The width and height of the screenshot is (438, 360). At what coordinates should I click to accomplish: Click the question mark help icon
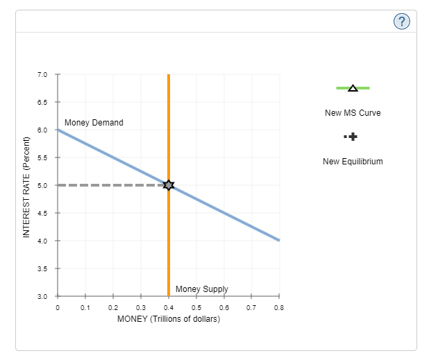(401, 22)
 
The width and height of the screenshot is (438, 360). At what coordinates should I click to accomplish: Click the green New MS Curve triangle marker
(353, 88)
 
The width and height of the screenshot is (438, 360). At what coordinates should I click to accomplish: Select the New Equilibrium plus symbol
(353, 137)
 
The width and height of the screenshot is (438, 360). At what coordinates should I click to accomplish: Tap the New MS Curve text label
(353, 112)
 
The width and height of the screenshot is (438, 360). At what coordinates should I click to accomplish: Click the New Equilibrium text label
(353, 162)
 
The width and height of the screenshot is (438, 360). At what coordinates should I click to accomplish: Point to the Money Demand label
(94, 123)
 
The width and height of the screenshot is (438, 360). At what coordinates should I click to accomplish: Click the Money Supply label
(201, 289)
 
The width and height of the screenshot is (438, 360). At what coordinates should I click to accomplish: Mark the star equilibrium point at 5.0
(168, 185)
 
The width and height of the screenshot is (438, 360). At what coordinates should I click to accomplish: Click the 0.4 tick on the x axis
(168, 307)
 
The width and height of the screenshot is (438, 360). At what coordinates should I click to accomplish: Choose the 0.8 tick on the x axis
(279, 307)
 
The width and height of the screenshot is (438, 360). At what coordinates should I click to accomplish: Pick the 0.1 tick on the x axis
(85, 307)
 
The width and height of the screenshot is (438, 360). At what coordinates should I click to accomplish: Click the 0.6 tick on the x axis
(224, 307)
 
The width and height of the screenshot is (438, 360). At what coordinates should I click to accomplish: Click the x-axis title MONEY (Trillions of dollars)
(169, 319)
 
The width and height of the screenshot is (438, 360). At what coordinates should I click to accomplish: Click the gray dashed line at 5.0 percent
(111, 185)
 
